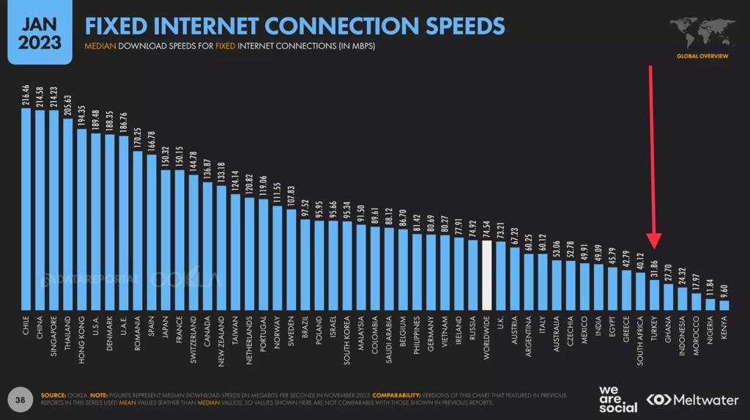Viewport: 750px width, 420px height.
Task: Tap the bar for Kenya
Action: point(724,305)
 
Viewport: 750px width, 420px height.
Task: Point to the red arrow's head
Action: point(654,246)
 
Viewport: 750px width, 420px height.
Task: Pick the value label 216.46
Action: point(26,96)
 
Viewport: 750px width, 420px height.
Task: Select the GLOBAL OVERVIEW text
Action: point(702,56)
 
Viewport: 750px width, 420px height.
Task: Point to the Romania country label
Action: point(138,334)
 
